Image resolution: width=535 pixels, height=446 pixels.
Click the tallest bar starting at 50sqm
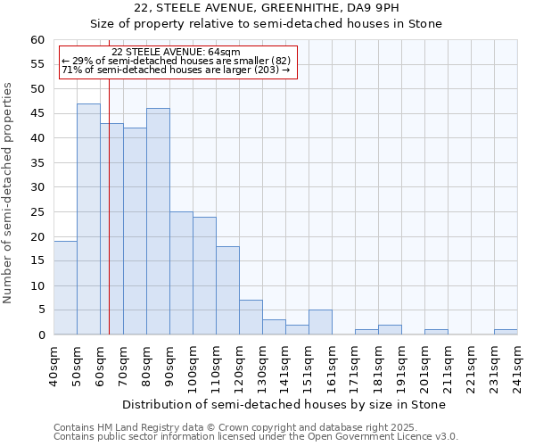tap(88, 219)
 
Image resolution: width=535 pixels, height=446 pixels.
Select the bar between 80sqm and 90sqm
tap(158, 221)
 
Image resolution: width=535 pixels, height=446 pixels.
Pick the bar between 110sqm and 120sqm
tap(227, 291)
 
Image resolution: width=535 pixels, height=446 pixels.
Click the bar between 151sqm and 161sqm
tap(320, 323)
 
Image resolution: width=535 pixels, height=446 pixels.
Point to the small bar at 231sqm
tap(506, 332)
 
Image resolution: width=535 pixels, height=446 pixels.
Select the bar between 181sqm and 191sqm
tap(390, 330)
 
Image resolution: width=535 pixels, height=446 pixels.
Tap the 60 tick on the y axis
tap(37, 40)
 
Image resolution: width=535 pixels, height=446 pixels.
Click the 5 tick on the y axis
tap(41, 310)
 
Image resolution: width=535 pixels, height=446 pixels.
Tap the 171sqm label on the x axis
tap(355, 366)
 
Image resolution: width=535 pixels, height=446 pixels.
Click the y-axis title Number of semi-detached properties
tap(9, 193)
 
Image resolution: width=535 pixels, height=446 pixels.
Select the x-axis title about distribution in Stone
tap(284, 404)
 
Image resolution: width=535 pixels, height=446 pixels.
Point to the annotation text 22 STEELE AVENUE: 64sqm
tap(176, 53)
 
